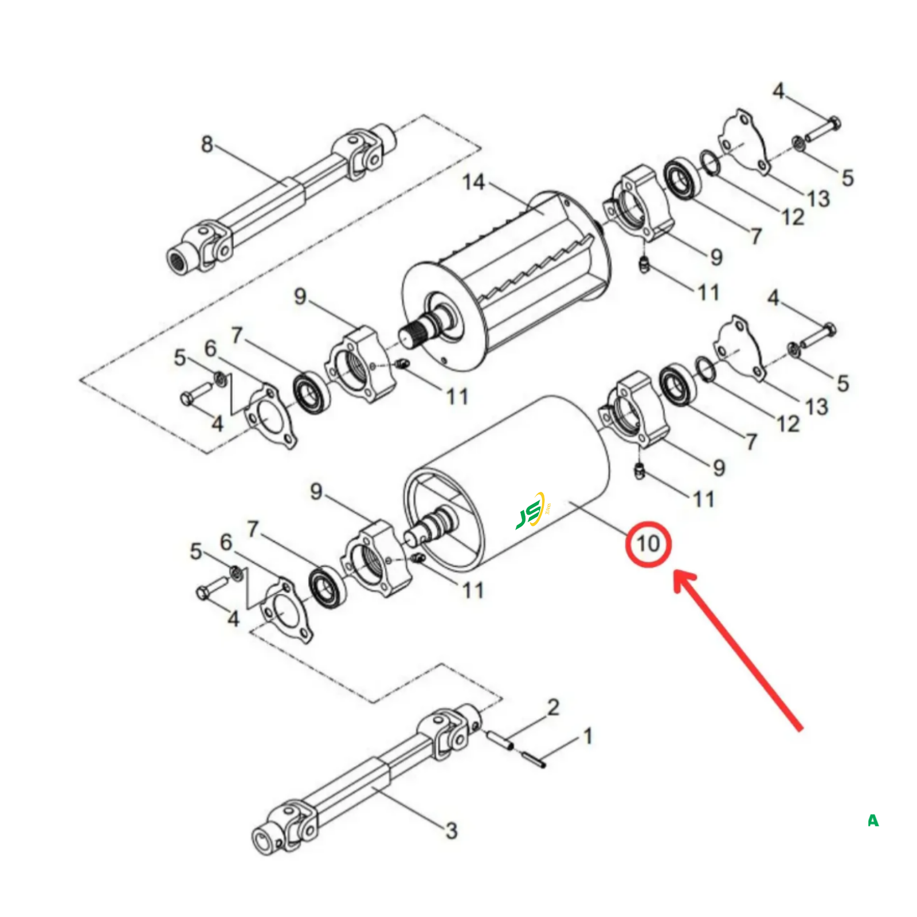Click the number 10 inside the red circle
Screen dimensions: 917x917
pos(648,543)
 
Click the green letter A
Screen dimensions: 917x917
pos(873,821)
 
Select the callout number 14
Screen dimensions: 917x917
pos(474,182)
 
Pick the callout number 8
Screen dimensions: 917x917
pos(207,144)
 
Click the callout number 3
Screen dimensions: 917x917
pos(452,830)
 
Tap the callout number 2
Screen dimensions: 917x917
pos(553,707)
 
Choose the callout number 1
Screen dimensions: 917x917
pos(587,736)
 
